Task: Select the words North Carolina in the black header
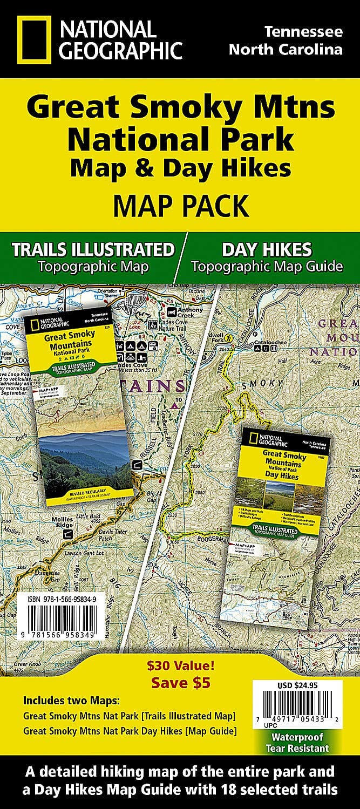coord(286,50)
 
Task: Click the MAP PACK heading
coord(180,206)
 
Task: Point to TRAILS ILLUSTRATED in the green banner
coord(93,250)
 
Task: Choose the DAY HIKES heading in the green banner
coord(266,249)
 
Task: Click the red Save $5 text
coord(180,682)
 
